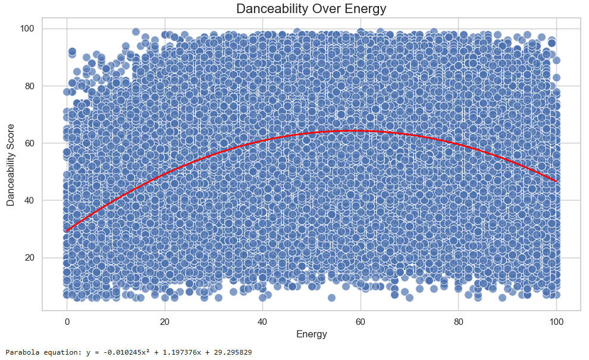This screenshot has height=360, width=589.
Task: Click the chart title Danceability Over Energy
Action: click(x=311, y=9)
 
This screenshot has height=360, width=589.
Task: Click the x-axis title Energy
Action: click(x=311, y=334)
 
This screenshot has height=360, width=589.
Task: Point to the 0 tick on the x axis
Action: click(x=67, y=322)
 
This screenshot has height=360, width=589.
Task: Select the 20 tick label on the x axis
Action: click(x=164, y=322)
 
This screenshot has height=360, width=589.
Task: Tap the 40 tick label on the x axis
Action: click(x=262, y=322)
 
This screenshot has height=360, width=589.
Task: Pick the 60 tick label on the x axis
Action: click(x=360, y=322)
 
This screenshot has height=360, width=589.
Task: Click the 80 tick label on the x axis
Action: click(x=458, y=322)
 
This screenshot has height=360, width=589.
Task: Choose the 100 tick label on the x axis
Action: click(x=556, y=322)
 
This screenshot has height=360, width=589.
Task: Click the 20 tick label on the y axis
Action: click(x=30, y=258)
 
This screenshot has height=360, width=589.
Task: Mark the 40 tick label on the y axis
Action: click(x=30, y=201)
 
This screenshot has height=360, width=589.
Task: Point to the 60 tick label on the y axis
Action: click(x=30, y=143)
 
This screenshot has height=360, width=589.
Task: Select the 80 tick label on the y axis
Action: click(x=30, y=86)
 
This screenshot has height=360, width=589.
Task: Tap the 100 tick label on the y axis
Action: click(x=27, y=29)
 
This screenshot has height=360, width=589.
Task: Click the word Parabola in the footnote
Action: click(x=20, y=353)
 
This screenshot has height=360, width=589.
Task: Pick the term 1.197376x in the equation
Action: click(x=173, y=353)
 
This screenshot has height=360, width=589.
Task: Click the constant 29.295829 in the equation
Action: click(x=226, y=353)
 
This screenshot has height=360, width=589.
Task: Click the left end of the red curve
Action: click(x=67, y=230)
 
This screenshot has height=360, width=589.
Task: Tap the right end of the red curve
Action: click(x=556, y=181)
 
